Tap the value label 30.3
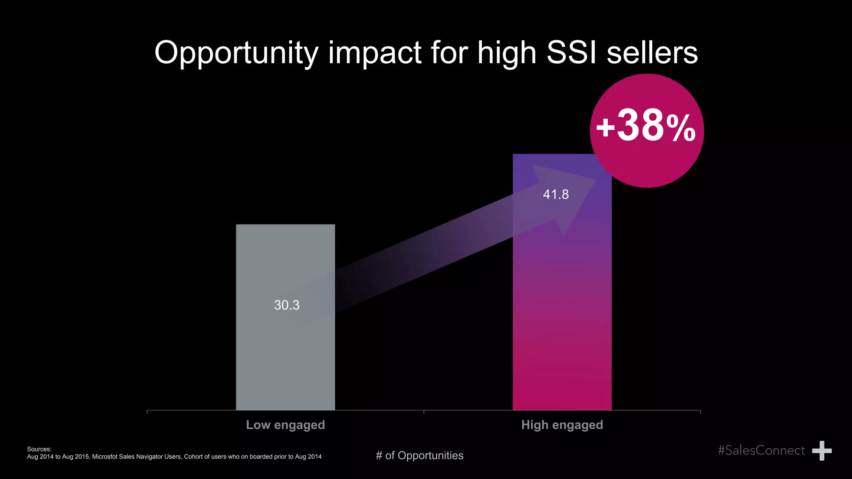point(287,305)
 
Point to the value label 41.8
point(556,194)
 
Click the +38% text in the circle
point(646,126)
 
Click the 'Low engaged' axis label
point(285,425)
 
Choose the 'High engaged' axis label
point(562,425)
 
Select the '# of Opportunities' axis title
point(419,456)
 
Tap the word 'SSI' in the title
point(572,52)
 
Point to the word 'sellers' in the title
point(652,52)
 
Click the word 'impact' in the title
point(374,53)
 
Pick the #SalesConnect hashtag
point(761,450)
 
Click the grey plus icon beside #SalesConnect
point(822,451)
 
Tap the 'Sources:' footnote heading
point(39,449)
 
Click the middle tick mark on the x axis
point(424,412)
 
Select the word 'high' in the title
point(507,53)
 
